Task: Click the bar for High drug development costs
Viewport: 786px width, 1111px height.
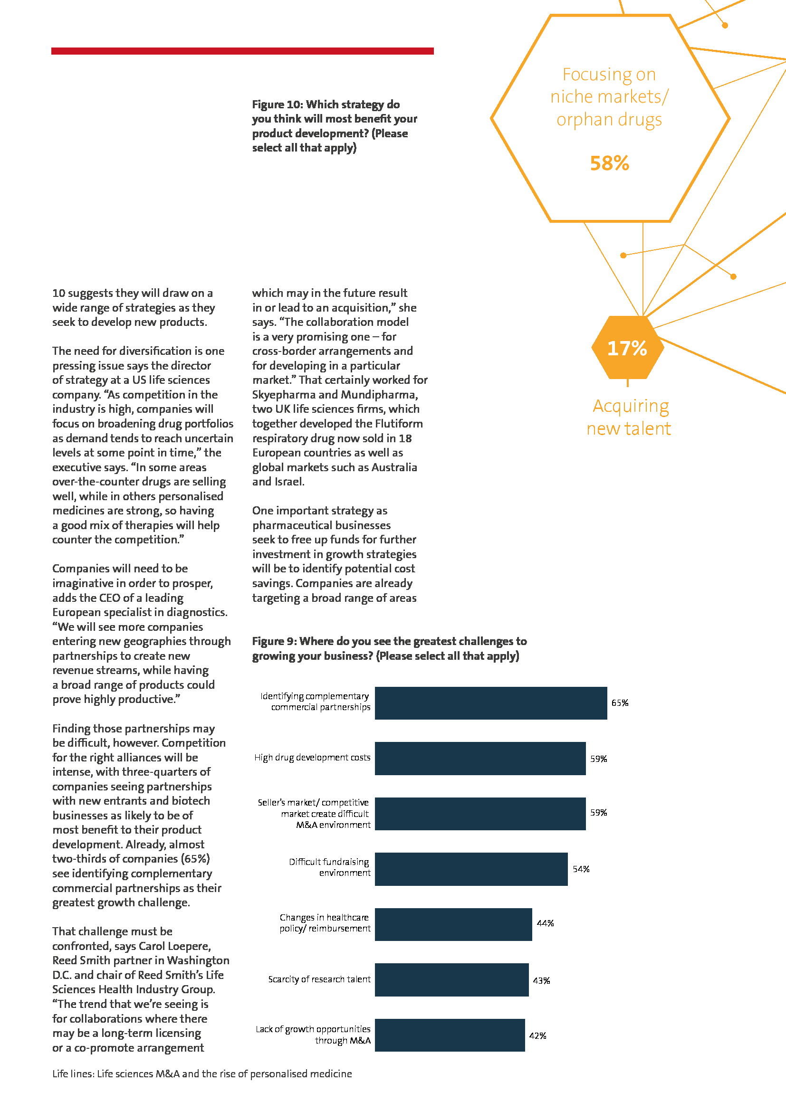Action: (480, 758)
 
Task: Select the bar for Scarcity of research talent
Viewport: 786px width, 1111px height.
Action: (451, 980)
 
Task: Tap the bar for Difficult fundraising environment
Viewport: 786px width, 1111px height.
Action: (471, 869)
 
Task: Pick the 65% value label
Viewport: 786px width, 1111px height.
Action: (620, 703)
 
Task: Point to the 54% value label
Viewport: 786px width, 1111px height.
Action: (581, 869)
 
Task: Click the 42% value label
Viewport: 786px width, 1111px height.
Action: (538, 1035)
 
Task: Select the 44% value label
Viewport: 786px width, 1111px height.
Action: (545, 923)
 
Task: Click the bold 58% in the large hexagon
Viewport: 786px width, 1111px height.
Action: (609, 163)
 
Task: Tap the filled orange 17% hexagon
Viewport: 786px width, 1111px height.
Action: (627, 347)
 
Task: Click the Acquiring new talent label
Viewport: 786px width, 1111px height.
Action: (629, 417)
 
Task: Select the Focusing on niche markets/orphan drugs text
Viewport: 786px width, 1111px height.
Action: (609, 97)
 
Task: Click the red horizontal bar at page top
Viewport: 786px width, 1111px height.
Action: (242, 51)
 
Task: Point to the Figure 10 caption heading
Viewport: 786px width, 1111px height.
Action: (335, 126)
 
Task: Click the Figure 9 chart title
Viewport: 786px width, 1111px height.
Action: (389, 648)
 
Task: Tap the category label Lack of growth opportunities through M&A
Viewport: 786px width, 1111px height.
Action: (313, 1035)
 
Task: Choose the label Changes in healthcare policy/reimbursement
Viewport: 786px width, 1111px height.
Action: (325, 923)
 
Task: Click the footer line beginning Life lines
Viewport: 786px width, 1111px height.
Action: (202, 1074)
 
